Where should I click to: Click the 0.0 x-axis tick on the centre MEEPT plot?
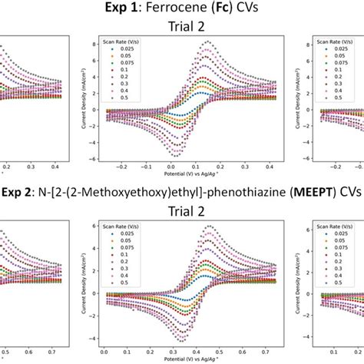104,351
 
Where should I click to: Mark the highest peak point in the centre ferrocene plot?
204,42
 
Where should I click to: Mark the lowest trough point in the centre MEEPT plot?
177,338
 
